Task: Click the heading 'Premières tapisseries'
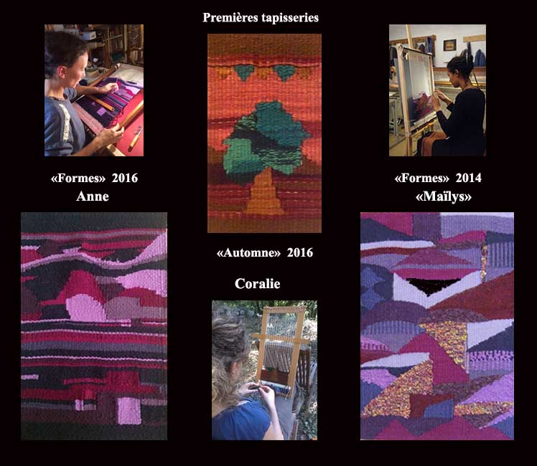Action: click(261, 17)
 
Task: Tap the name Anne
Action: click(93, 196)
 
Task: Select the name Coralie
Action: click(258, 283)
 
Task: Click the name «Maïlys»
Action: click(444, 196)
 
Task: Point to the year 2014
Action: click(468, 178)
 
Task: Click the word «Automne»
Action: click(248, 252)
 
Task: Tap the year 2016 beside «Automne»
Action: click(300, 252)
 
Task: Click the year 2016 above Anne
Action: click(125, 178)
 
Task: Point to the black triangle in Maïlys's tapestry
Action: click(432, 285)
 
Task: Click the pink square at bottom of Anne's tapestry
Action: click(129, 411)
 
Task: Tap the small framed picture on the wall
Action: click(449, 45)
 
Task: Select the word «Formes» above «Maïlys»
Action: click(422, 178)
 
